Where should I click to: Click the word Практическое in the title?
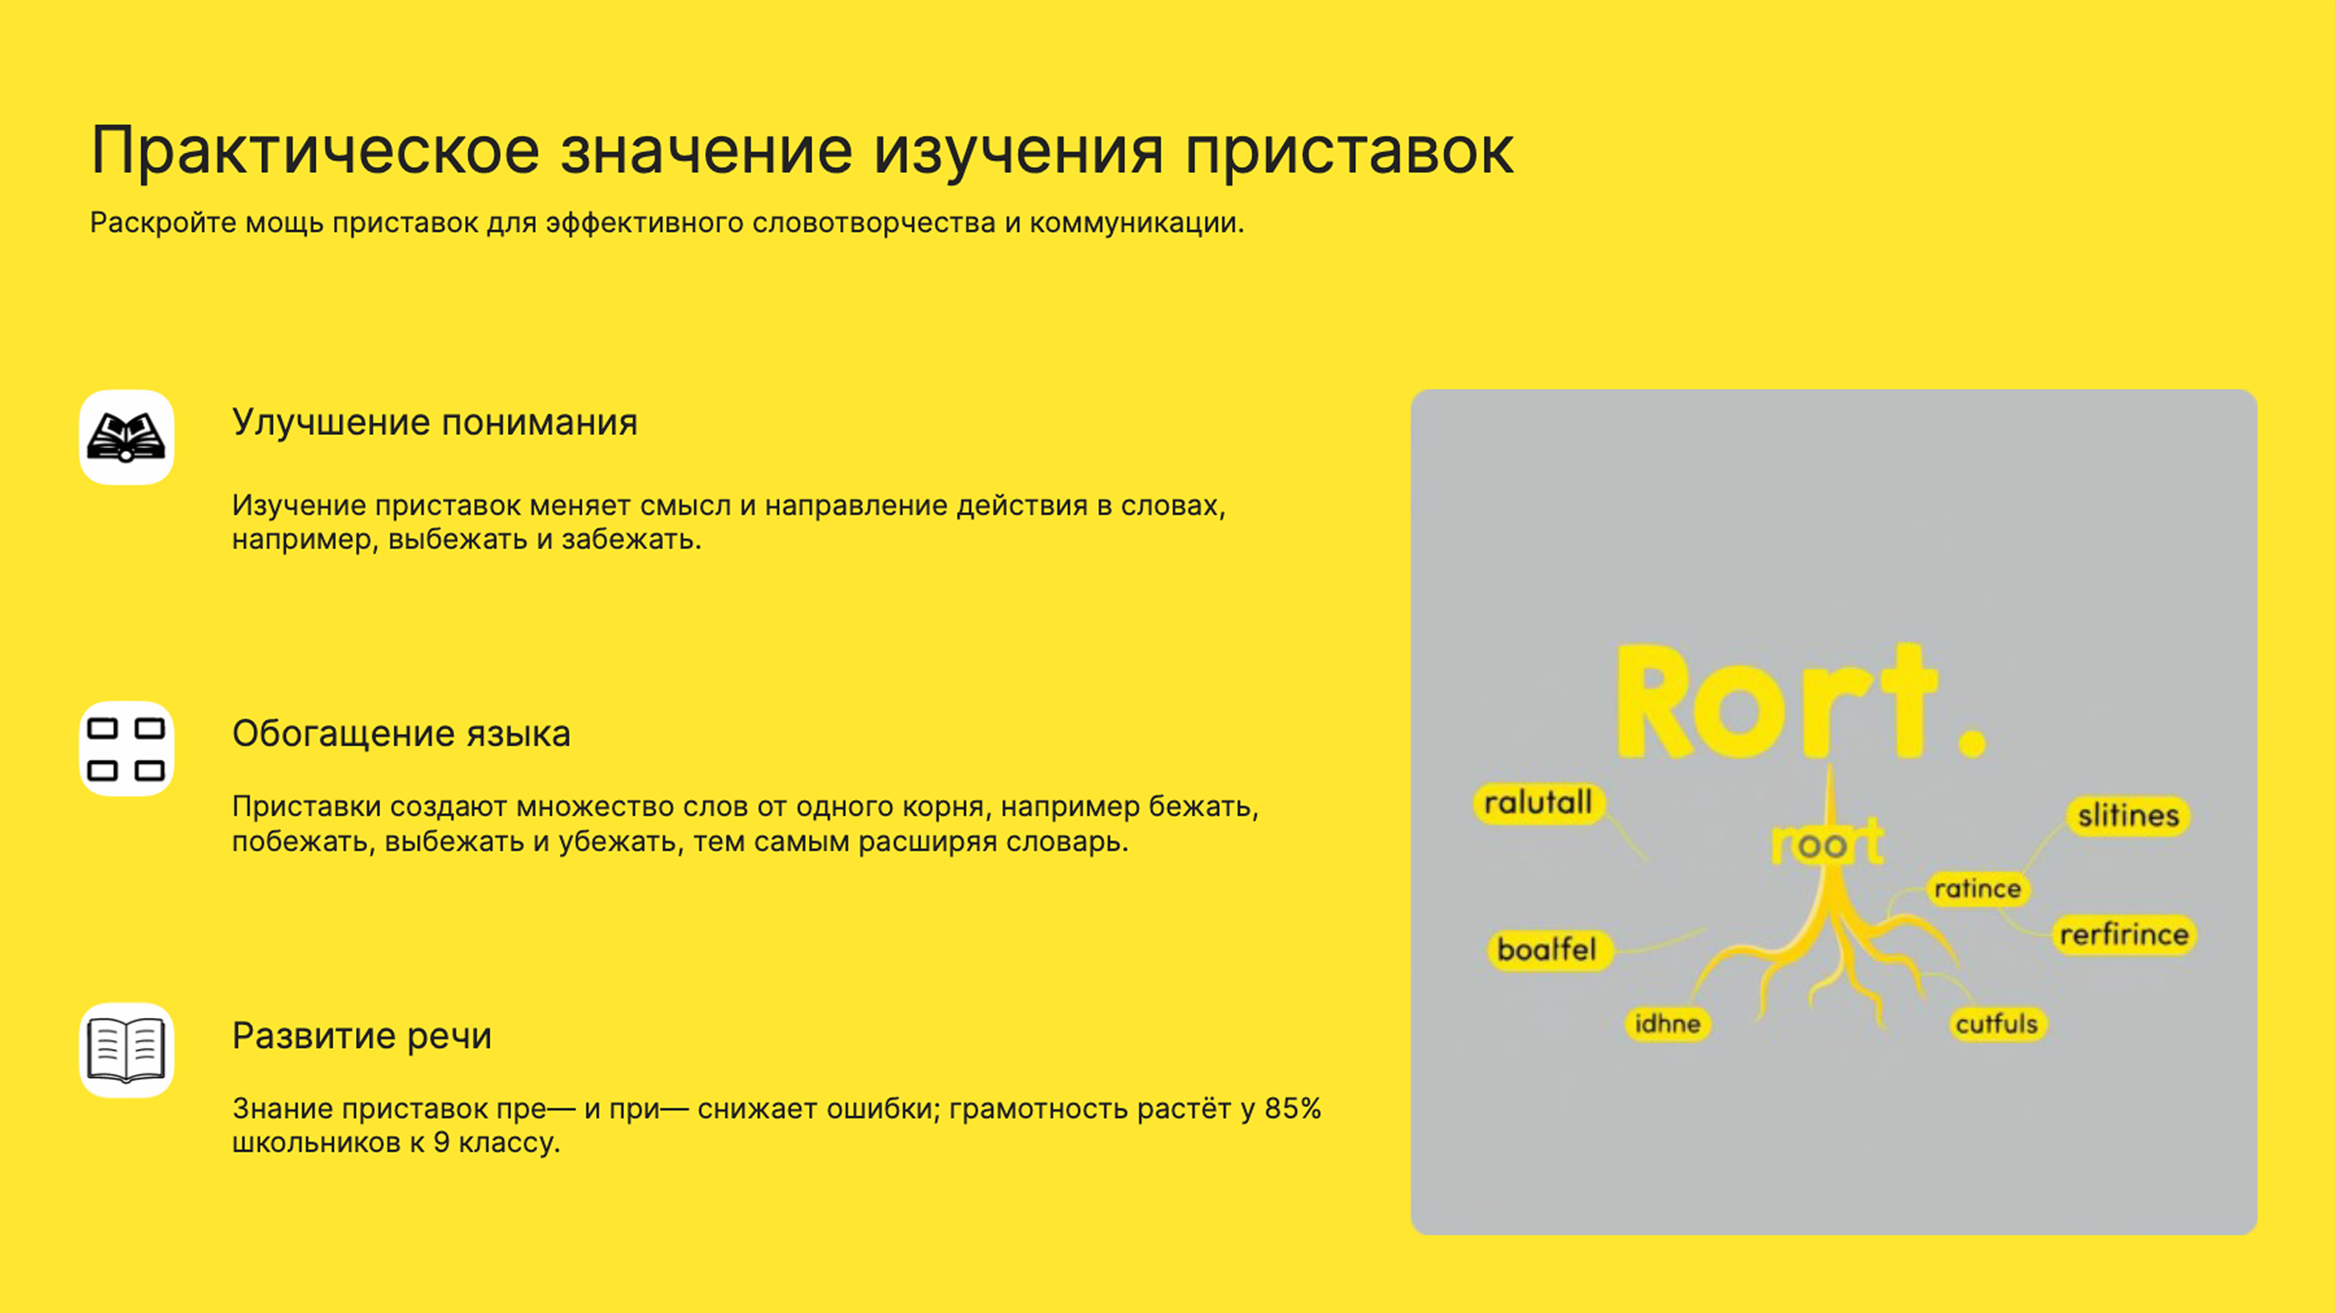tap(315, 150)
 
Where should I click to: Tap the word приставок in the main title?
tap(1349, 150)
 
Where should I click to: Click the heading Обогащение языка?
tap(401, 733)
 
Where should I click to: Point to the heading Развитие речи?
tap(362, 1035)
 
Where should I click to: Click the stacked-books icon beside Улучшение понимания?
tap(126, 438)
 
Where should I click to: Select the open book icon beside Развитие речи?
tap(126, 1050)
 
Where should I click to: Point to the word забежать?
tap(631, 540)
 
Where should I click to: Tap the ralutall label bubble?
tap(1539, 803)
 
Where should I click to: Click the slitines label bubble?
tap(2128, 816)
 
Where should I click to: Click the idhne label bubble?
tap(1668, 1024)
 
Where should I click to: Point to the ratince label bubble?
tap(1978, 889)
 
